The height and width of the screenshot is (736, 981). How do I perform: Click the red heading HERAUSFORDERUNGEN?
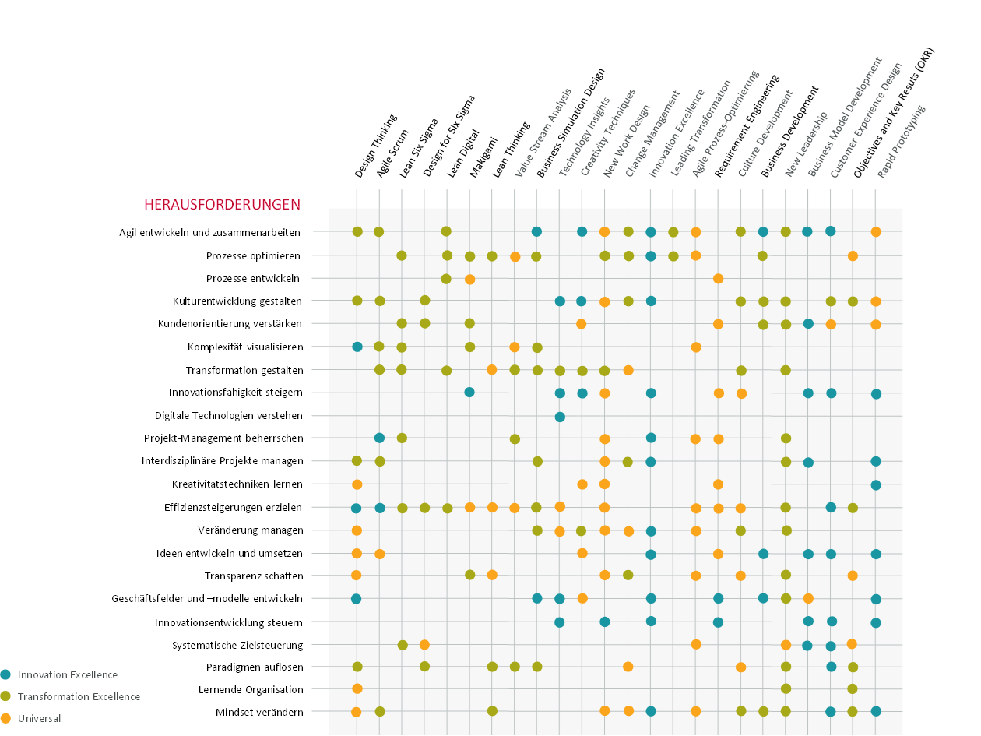pos(223,204)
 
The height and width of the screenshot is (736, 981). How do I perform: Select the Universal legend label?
pos(40,719)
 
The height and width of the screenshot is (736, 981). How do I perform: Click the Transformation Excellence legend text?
pos(79,697)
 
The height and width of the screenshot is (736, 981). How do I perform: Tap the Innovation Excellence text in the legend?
pos(68,675)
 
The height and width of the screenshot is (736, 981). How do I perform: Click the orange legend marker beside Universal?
pos(6,718)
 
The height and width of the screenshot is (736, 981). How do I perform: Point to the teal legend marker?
pos(6,674)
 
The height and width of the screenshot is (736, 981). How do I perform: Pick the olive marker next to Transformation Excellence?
pos(6,696)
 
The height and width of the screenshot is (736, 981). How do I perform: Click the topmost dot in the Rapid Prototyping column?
pos(876,232)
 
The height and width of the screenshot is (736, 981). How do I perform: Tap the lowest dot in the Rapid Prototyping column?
pos(876,711)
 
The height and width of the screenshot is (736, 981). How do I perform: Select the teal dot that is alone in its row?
pos(560,417)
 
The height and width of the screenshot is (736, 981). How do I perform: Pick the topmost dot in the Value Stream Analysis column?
pos(515,256)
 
